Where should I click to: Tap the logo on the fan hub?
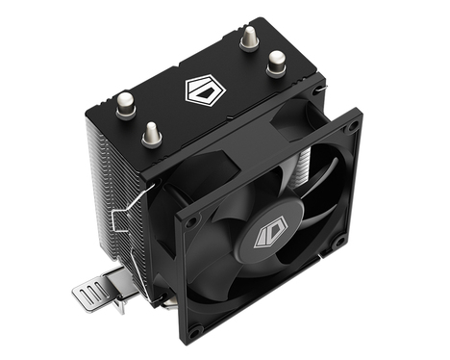pyautogui.click(x=266, y=234)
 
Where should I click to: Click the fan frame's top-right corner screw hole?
pyautogui.click(x=351, y=126)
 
